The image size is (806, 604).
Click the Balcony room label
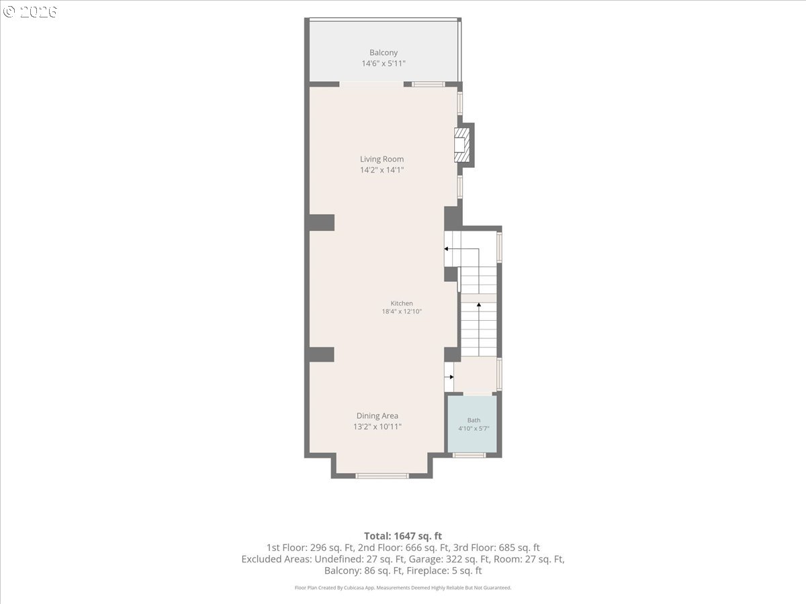[x=384, y=53]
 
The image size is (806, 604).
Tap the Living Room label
[x=382, y=159]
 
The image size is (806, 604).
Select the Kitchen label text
[x=402, y=303]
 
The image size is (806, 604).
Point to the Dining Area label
[x=377, y=416]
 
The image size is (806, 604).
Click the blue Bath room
[x=472, y=423]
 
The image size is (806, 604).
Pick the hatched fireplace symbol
[x=462, y=145]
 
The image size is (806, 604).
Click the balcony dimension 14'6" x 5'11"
[x=384, y=64]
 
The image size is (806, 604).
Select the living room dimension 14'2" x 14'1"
[x=382, y=170]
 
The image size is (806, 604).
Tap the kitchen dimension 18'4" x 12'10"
[x=402, y=311]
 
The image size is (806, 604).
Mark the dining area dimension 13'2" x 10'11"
[x=377, y=427]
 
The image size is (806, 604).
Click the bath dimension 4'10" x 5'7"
[x=474, y=428]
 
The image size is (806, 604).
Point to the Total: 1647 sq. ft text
[x=403, y=536]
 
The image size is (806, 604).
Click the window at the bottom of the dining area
[x=382, y=476]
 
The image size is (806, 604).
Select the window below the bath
[x=469, y=455]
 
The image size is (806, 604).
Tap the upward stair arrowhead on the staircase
[x=479, y=305]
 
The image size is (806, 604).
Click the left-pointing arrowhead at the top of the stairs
[x=446, y=248]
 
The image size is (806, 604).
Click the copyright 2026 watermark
[x=30, y=11]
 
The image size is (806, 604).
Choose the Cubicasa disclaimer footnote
[x=403, y=588]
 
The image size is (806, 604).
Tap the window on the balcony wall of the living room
[x=428, y=85]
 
